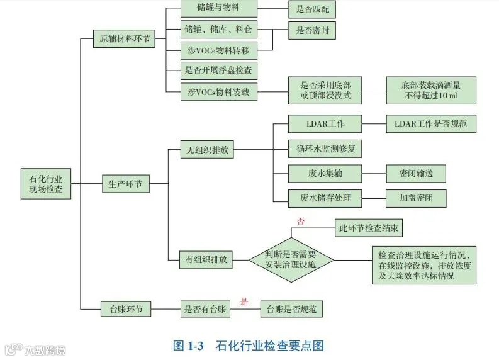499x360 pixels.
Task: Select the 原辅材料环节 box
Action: click(x=125, y=38)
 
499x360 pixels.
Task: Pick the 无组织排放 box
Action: click(x=207, y=150)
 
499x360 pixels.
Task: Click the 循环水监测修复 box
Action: click(x=325, y=149)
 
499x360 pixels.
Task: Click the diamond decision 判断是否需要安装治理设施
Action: click(x=291, y=259)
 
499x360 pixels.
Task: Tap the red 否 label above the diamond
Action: click(x=300, y=221)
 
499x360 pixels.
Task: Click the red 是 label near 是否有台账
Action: click(x=245, y=301)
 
